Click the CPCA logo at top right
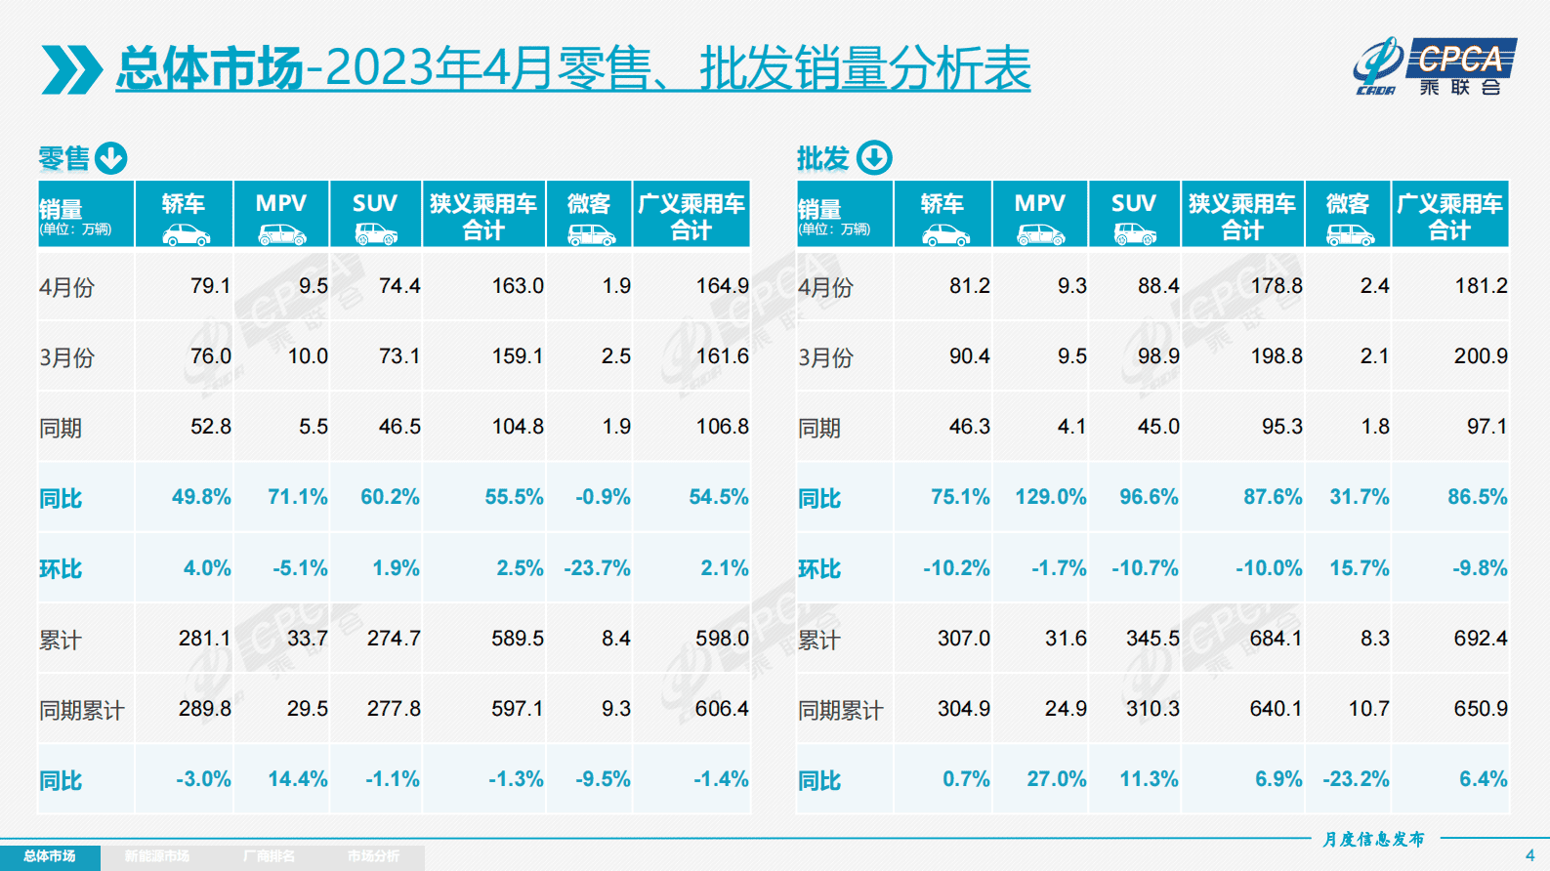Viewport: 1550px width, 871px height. pos(1435,66)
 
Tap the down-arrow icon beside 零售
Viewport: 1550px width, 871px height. pos(111,158)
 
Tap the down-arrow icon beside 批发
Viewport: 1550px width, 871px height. pos(874,158)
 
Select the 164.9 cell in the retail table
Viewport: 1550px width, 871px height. pos(722,286)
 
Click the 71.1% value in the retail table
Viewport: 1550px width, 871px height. pos(297,497)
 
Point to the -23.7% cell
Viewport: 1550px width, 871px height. pos(597,568)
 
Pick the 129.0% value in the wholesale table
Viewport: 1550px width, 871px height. pos(1050,497)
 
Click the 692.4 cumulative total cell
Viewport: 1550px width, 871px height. pos(1480,639)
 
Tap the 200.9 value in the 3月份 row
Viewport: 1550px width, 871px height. pos(1480,356)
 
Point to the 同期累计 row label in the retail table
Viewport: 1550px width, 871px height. pos(82,710)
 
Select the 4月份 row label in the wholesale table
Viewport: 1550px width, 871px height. pos(825,287)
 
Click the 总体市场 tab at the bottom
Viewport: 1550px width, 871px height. pos(50,856)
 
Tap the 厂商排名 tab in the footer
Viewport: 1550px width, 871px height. pos(269,856)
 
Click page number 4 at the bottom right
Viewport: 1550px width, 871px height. pos(1529,855)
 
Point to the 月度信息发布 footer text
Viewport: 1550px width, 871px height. pos(1373,839)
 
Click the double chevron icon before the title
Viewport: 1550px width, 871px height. pos(71,69)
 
